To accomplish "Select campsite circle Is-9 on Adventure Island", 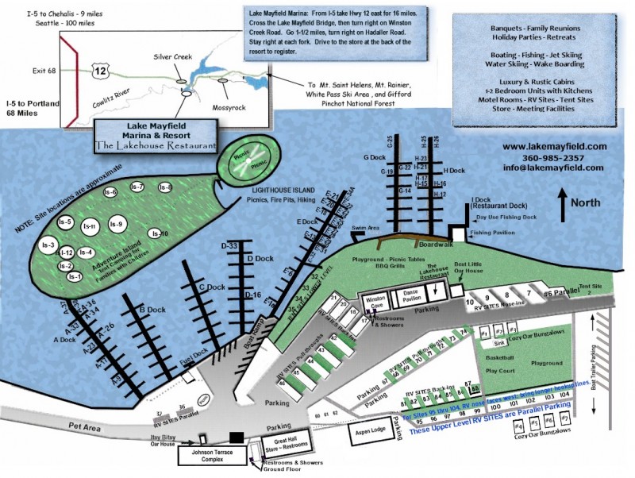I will click(117, 225).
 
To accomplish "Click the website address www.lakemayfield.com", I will click(554, 147).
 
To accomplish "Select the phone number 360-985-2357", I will click(554, 157).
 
